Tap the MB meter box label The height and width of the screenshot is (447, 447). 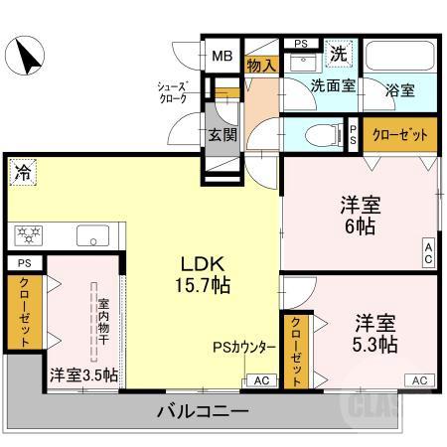pos(220,55)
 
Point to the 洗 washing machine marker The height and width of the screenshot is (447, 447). pos(339,52)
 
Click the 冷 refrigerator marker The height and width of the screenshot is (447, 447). pos(22,171)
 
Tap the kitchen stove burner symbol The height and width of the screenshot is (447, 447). pos(28,235)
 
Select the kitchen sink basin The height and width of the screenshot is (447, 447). pos(92,236)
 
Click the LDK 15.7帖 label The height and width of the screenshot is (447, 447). pos(204,274)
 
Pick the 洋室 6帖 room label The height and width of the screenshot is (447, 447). pos(361,215)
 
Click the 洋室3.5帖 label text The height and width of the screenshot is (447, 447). pos(83,375)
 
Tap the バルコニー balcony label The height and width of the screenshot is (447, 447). pos(202,411)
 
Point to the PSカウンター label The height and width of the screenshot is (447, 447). pos(243,348)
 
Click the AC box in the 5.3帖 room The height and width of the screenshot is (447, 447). pos(418,379)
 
